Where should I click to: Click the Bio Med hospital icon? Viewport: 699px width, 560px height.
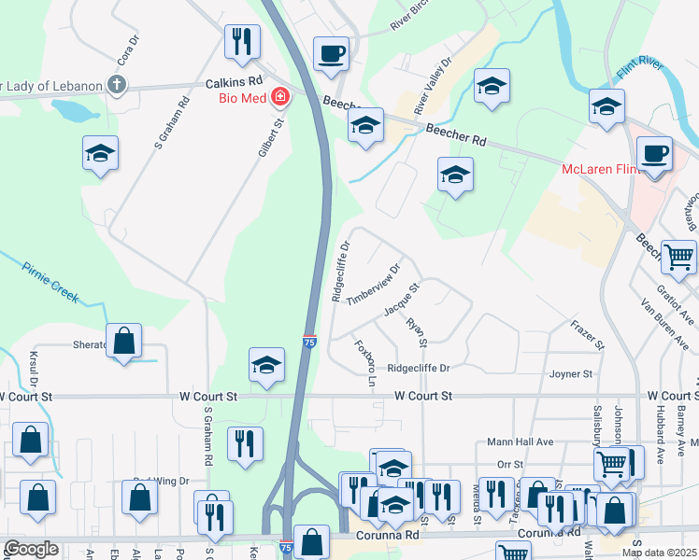279,97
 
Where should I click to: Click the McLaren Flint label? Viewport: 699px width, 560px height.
596,169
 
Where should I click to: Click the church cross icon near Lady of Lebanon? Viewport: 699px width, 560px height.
117,86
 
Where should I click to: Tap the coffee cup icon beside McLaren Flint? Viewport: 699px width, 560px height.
654,152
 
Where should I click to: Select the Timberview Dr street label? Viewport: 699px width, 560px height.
372,284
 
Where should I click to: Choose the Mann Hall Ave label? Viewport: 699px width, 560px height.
521,441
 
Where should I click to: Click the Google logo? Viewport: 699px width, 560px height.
32,549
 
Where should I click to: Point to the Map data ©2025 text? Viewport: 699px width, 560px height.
659,553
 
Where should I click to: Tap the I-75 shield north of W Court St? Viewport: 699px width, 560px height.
309,343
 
